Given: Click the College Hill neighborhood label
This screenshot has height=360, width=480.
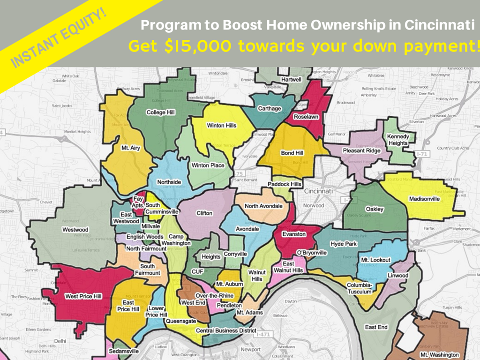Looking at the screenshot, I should point(160,112).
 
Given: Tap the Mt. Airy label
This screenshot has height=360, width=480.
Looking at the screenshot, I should point(131,148).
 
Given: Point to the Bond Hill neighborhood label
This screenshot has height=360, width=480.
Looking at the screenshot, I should point(292,153).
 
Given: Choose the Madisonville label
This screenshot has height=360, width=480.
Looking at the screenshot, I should point(424,199).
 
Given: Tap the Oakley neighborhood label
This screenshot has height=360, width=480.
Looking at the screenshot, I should point(375,209).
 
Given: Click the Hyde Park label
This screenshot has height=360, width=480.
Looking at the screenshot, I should point(344,244).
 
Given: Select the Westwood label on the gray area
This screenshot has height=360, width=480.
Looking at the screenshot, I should point(75,230).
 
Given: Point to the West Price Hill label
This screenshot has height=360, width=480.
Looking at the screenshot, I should point(85,297).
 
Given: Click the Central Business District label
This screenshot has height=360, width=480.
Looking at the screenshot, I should point(226,331).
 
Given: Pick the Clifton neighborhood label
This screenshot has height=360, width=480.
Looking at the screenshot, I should point(204,213).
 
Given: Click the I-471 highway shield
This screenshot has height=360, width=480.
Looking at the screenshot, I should point(263,335).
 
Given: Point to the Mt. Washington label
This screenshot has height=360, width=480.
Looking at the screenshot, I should point(439,355).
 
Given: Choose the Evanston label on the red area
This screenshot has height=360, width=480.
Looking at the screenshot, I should point(294,234).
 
